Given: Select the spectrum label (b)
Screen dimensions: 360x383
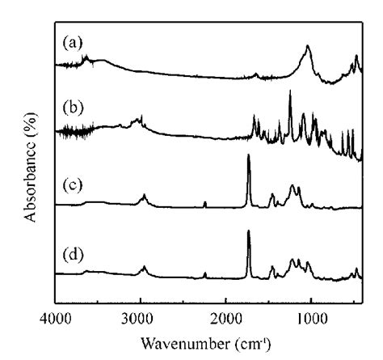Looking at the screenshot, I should [73, 107].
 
